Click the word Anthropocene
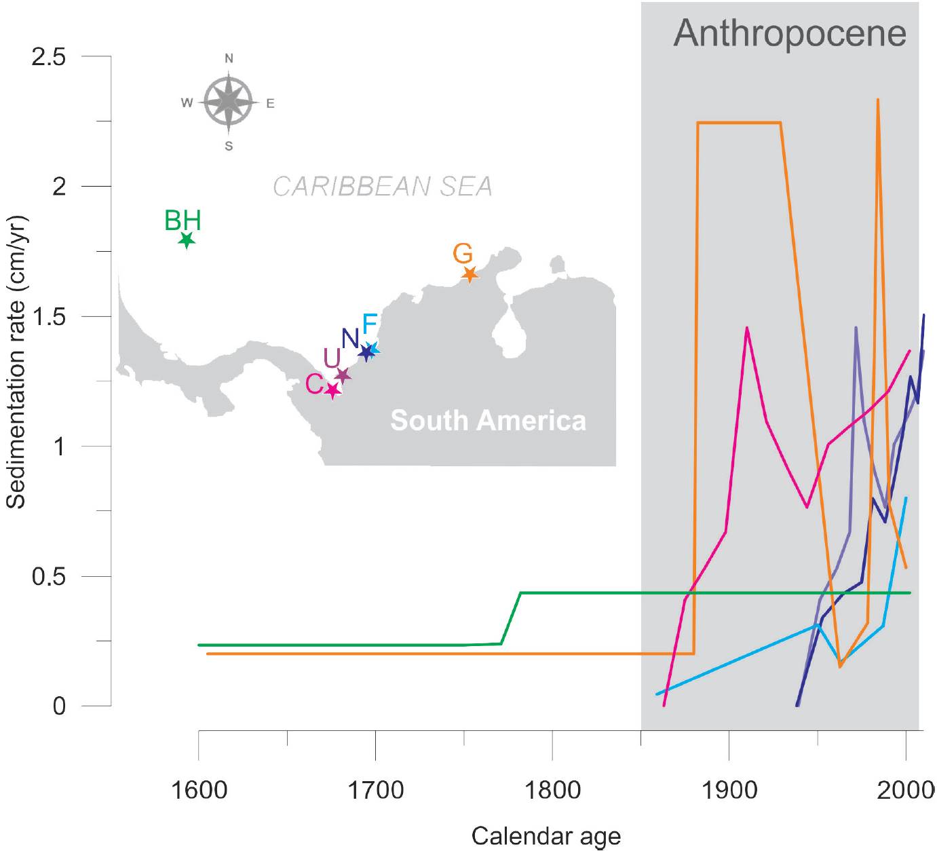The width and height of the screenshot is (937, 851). click(x=789, y=33)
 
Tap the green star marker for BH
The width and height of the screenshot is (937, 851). click(x=187, y=240)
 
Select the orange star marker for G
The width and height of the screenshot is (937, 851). click(x=470, y=275)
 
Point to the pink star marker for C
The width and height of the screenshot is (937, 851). click(x=332, y=391)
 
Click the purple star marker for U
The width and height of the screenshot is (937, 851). click(x=343, y=375)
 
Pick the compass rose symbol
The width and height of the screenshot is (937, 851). click(x=229, y=102)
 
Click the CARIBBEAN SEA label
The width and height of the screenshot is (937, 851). click(x=383, y=187)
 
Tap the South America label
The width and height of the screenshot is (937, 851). click(x=488, y=421)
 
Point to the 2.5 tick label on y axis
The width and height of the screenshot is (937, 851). click(x=49, y=56)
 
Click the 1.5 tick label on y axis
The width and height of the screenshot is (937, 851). click(x=49, y=317)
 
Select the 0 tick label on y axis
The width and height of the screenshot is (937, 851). click(x=59, y=706)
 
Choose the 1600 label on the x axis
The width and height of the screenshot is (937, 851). click(x=198, y=790)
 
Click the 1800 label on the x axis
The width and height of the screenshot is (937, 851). click(x=552, y=790)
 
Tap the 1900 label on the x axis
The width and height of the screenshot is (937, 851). click(x=729, y=790)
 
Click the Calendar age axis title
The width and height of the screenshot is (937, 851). click(x=546, y=835)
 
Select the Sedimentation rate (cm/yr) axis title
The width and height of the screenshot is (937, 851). click(x=16, y=362)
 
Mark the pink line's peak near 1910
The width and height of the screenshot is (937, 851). click(x=746, y=328)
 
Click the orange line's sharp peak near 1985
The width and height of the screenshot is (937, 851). click(x=878, y=100)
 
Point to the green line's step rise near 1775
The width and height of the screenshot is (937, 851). click(x=511, y=618)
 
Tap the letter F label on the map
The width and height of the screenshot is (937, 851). click(x=370, y=324)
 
